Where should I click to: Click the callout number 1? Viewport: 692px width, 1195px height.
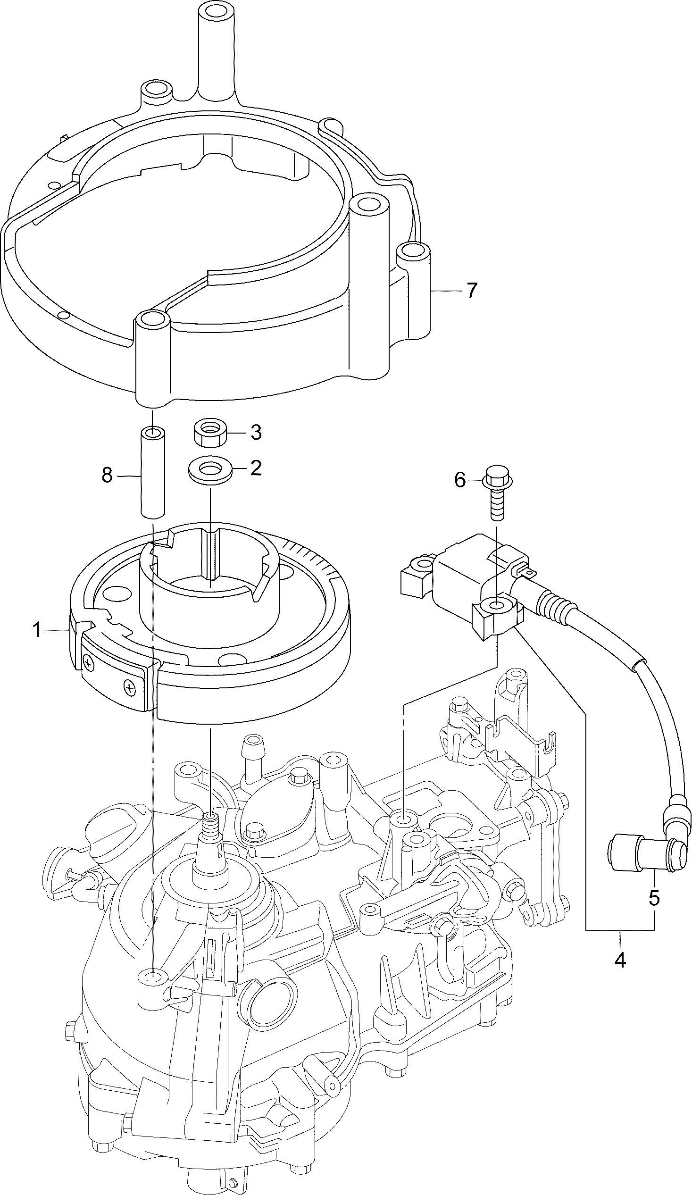click(x=37, y=630)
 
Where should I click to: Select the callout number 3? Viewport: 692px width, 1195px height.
click(x=256, y=432)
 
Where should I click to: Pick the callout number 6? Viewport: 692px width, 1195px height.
click(x=460, y=480)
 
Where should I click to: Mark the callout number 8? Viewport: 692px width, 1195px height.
click(x=107, y=475)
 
